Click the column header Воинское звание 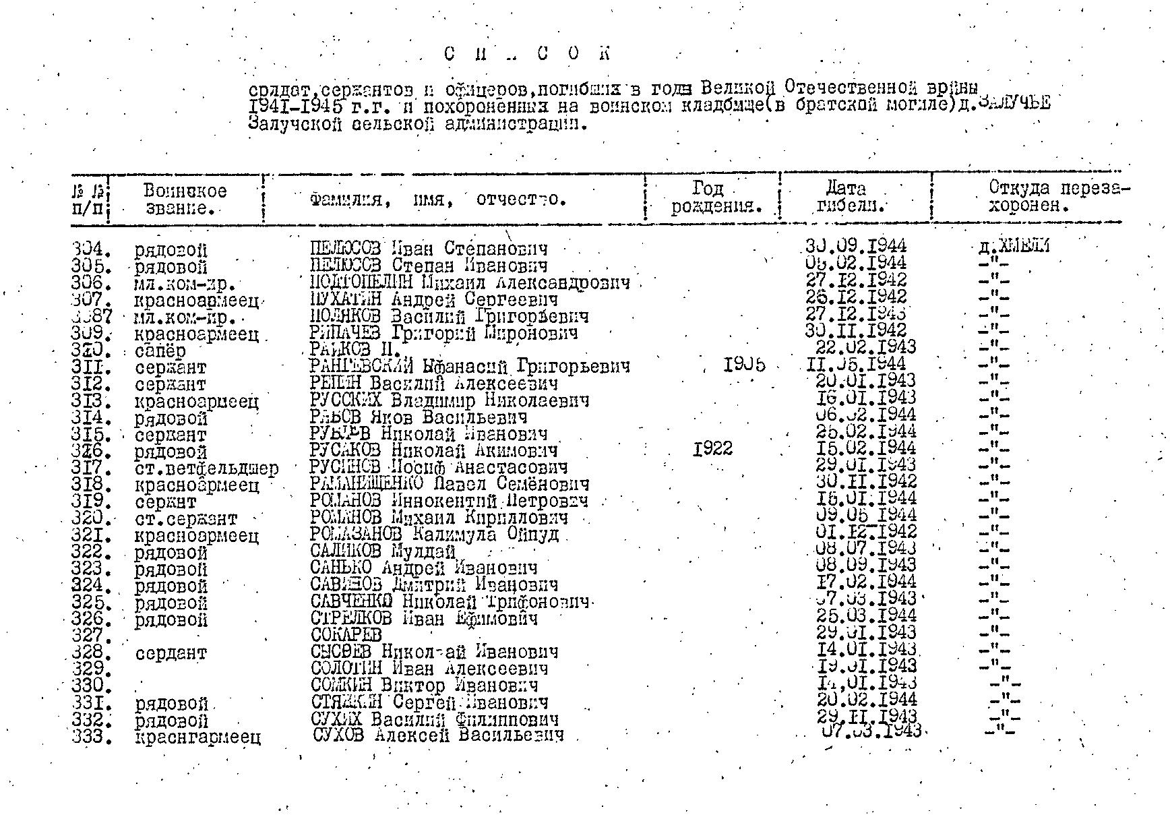tap(185, 200)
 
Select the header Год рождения tap(715, 198)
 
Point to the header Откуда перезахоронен tap(1058, 197)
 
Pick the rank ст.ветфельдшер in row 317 tap(206, 468)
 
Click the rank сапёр tap(160, 351)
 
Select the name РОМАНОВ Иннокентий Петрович tap(449, 502)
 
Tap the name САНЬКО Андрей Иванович tap(424, 568)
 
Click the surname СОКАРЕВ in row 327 tap(346, 635)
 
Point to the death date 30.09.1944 tap(855, 247)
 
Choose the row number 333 tap(91, 736)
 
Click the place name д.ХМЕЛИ tap(1014, 247)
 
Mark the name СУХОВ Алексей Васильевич tap(438, 735)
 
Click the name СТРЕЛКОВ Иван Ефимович tap(424, 619)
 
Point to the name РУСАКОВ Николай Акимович tap(433, 450)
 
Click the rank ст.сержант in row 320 tap(186, 519)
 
